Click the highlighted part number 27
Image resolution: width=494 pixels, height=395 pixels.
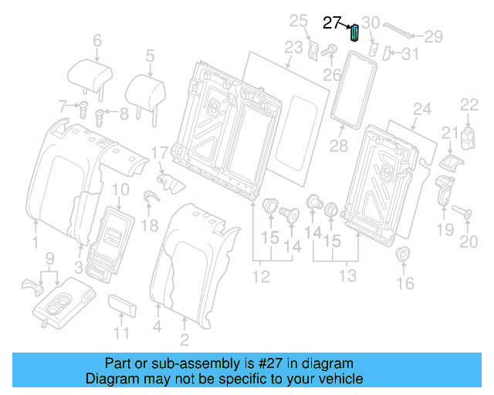tap(332, 23)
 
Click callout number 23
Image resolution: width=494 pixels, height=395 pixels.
tap(293, 48)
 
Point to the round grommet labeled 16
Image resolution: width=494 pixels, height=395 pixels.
tap(402, 255)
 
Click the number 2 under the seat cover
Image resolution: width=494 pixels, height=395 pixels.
tap(184, 340)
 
